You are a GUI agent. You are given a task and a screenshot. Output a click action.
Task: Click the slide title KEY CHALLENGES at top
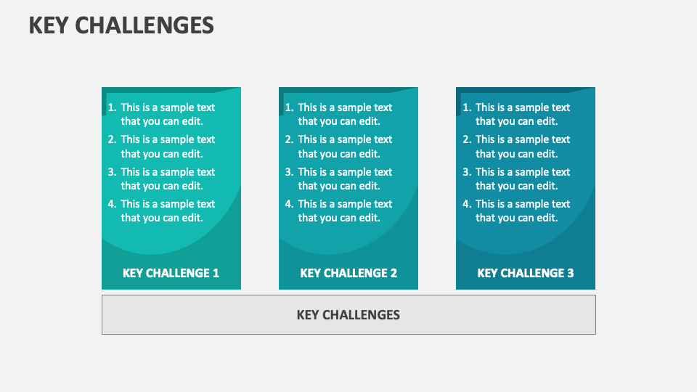121,25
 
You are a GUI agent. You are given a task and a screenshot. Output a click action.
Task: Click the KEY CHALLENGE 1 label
171,273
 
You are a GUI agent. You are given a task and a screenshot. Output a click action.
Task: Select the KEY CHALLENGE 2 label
348,273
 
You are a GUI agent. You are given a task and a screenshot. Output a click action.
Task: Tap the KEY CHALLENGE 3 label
526,273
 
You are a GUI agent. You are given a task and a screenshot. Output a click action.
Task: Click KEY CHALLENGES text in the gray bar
348,314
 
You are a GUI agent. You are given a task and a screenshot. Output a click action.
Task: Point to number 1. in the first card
112,107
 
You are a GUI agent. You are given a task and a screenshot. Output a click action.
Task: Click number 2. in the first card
112,139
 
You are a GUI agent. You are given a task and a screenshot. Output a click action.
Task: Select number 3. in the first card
112,172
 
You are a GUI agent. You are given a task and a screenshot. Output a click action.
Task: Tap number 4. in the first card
112,204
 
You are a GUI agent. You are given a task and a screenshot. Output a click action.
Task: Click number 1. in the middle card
289,107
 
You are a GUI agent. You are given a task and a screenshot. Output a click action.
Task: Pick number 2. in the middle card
289,139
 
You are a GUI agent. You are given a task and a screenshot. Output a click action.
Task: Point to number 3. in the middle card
289,172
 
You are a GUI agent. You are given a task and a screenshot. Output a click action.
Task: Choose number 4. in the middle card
289,204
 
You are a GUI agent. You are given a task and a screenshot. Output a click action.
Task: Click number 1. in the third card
467,107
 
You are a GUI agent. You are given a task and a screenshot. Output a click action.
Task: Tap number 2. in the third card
467,139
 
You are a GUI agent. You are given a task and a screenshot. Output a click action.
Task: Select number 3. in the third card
467,172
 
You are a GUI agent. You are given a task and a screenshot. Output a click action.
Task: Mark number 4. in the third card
467,204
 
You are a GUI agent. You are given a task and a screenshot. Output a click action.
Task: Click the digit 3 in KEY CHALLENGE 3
570,273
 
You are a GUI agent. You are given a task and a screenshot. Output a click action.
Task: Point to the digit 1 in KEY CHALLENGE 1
216,273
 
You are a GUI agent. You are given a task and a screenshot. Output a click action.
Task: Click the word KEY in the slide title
48,25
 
